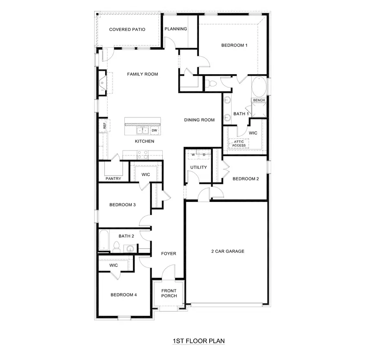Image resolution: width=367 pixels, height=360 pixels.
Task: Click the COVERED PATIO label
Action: (127, 29)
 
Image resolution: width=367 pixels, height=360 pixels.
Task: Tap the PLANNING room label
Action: (176, 29)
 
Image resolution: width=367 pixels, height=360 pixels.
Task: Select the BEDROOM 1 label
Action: (234, 45)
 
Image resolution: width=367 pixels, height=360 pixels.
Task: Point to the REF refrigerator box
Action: (104, 126)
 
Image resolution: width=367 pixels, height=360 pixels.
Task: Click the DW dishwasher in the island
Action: (155, 130)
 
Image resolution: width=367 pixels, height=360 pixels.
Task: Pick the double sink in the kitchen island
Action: (142, 131)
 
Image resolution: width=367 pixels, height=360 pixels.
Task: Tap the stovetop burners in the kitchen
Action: (143, 154)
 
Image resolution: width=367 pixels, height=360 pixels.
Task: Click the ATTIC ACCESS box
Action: (239, 144)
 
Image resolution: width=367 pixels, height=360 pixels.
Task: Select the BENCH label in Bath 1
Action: (259, 100)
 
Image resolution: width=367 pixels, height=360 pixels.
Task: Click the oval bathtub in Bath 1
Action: (259, 87)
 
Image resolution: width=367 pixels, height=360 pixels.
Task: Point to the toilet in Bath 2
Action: (117, 246)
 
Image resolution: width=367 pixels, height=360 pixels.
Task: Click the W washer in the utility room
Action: (193, 155)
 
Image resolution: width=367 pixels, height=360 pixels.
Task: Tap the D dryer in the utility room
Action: (205, 155)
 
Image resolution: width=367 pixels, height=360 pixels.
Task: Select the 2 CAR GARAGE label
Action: (228, 251)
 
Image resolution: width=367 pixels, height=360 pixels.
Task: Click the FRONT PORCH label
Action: (169, 293)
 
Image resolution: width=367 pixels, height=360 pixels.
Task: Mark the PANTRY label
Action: (113, 179)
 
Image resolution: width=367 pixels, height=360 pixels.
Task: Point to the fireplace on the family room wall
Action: (102, 83)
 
